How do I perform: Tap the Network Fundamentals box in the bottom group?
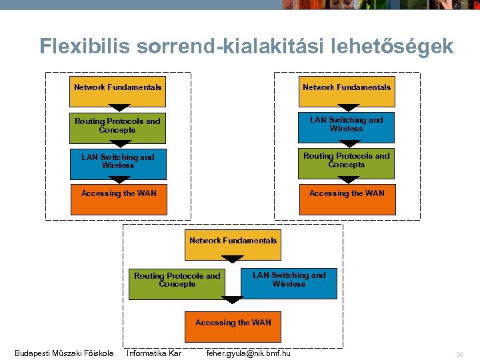point(233,243)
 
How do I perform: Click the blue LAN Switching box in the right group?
point(347,127)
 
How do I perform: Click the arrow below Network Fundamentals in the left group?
point(119,108)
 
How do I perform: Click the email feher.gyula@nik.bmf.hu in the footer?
point(249,353)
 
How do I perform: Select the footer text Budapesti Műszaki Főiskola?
point(64,353)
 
